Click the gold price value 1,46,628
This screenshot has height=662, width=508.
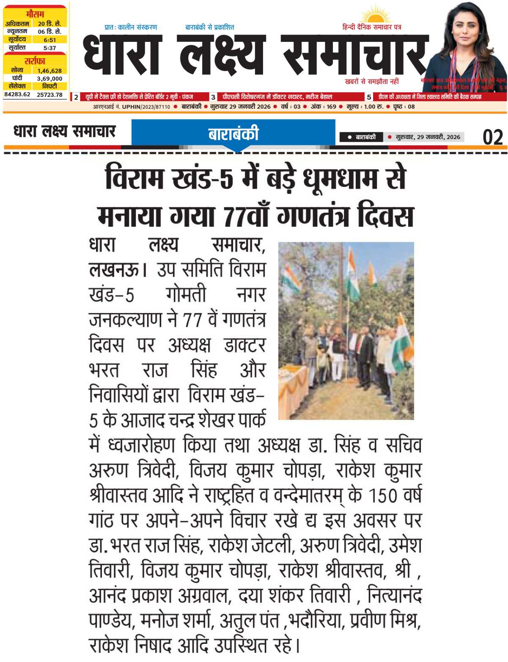coord(49,71)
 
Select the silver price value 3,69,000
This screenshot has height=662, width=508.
coord(49,78)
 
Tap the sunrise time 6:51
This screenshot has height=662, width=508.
coord(49,40)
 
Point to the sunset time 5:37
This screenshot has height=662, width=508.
coord(49,48)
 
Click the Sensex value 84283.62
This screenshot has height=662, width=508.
coord(17,94)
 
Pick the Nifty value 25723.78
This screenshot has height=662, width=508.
coord(49,94)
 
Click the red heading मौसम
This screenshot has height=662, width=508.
coord(35,14)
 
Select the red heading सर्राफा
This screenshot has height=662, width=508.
coord(35,61)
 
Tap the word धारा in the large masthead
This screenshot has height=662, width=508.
coord(123,54)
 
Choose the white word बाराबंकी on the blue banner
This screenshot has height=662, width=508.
coord(233,134)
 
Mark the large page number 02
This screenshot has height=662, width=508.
coord(493,137)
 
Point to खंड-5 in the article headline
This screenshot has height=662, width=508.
coord(203,178)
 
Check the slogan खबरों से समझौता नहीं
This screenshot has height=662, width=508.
coord(372,81)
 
